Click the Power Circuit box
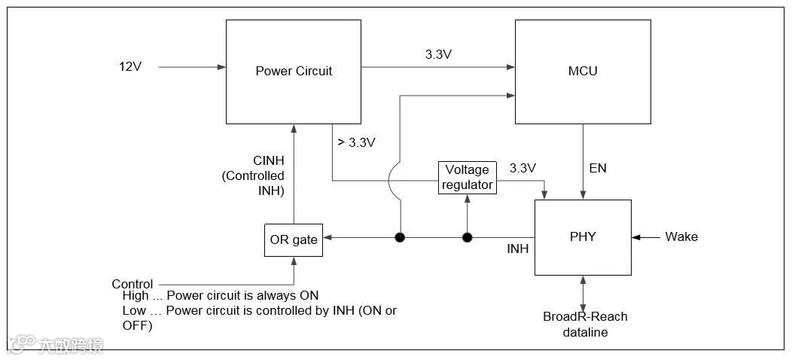click(294, 72)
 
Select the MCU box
click(582, 72)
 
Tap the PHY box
click(583, 236)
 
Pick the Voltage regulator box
click(468, 177)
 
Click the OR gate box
click(294, 240)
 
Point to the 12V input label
click(130, 66)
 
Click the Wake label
click(681, 236)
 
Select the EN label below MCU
click(598, 169)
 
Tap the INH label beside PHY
click(518, 249)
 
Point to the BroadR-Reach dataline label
click(585, 324)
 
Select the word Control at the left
click(133, 284)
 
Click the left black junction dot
click(400, 238)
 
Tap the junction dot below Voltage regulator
click(467, 238)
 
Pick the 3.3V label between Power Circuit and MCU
click(438, 54)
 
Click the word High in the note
click(136, 296)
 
